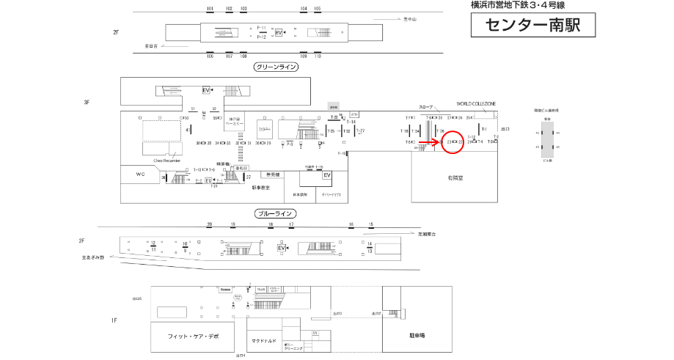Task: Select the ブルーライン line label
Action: pyautogui.click(x=276, y=214)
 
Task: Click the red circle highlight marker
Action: pyautogui.click(x=453, y=142)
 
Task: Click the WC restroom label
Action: pyautogui.click(x=141, y=175)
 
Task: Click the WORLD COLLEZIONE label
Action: pyautogui.click(x=476, y=104)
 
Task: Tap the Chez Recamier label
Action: pyautogui.click(x=166, y=159)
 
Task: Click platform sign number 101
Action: pyautogui.click(x=210, y=8)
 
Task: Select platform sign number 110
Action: pyautogui.click(x=318, y=56)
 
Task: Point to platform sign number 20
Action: pyautogui.click(x=210, y=224)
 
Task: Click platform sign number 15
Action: pyautogui.click(x=371, y=224)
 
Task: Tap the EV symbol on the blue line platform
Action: pyautogui.click(x=280, y=249)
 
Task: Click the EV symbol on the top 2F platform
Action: pyautogui.click(x=279, y=33)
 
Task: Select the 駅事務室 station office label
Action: pyautogui.click(x=261, y=188)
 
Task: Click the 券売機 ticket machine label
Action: pyautogui.click(x=271, y=175)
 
